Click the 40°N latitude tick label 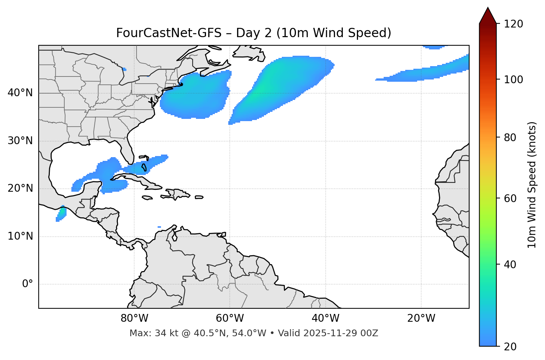(20, 93)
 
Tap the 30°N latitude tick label (20, 141)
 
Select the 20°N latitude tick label (20, 188)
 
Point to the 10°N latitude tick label (20, 236)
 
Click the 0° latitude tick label (28, 284)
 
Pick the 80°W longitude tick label (134, 318)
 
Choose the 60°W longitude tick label (230, 318)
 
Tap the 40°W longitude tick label (326, 318)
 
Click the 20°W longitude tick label (421, 318)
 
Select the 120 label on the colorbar (514, 24)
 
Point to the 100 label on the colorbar (514, 80)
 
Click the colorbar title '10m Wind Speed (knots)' (532, 185)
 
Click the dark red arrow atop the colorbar (488, 16)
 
